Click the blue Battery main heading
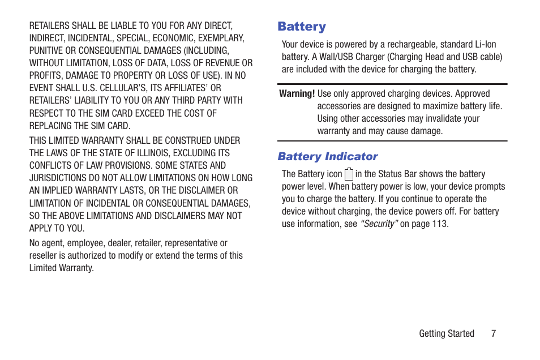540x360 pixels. [302, 27]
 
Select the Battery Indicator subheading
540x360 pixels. [327, 156]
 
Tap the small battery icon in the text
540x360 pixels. [349, 174]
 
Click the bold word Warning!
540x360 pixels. [297, 94]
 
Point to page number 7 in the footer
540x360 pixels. [493, 333]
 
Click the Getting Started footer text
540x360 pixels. [446, 333]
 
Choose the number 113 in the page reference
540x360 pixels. [439, 224]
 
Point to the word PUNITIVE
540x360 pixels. [48, 50]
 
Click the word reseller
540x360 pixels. [44, 255]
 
